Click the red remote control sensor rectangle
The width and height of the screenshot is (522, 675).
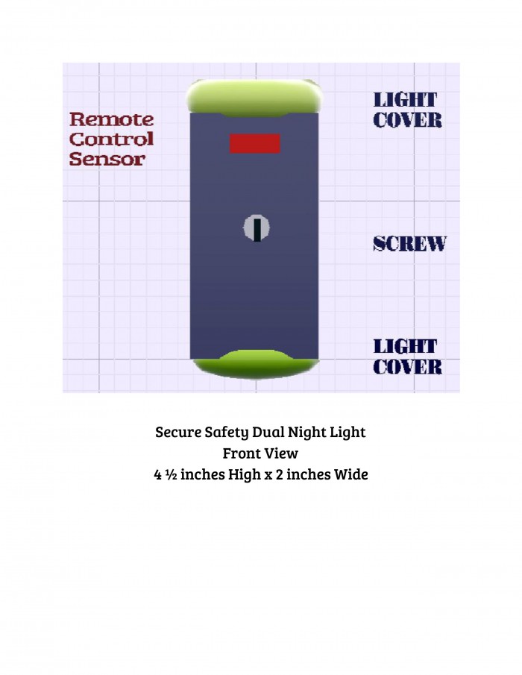pyautogui.click(x=255, y=143)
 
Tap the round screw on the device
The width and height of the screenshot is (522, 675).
pyautogui.click(x=257, y=227)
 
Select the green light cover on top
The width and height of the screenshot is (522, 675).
pyautogui.click(x=254, y=98)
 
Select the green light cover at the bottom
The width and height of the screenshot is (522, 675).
pyautogui.click(x=256, y=364)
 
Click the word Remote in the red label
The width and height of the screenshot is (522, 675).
pyautogui.click(x=111, y=119)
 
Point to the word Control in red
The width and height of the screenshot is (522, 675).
pyautogui.click(x=111, y=139)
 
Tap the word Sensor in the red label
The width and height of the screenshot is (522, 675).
pyautogui.click(x=107, y=159)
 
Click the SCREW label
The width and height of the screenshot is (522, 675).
pyautogui.click(x=409, y=244)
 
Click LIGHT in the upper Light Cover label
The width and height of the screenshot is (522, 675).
pyautogui.click(x=405, y=100)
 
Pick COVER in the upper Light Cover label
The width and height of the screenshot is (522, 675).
pyautogui.click(x=407, y=121)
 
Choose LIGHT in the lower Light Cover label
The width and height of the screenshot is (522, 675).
pyautogui.click(x=405, y=347)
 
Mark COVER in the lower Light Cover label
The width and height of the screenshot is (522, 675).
pyautogui.click(x=407, y=367)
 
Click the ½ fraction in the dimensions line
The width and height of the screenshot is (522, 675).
pyautogui.click(x=171, y=474)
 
